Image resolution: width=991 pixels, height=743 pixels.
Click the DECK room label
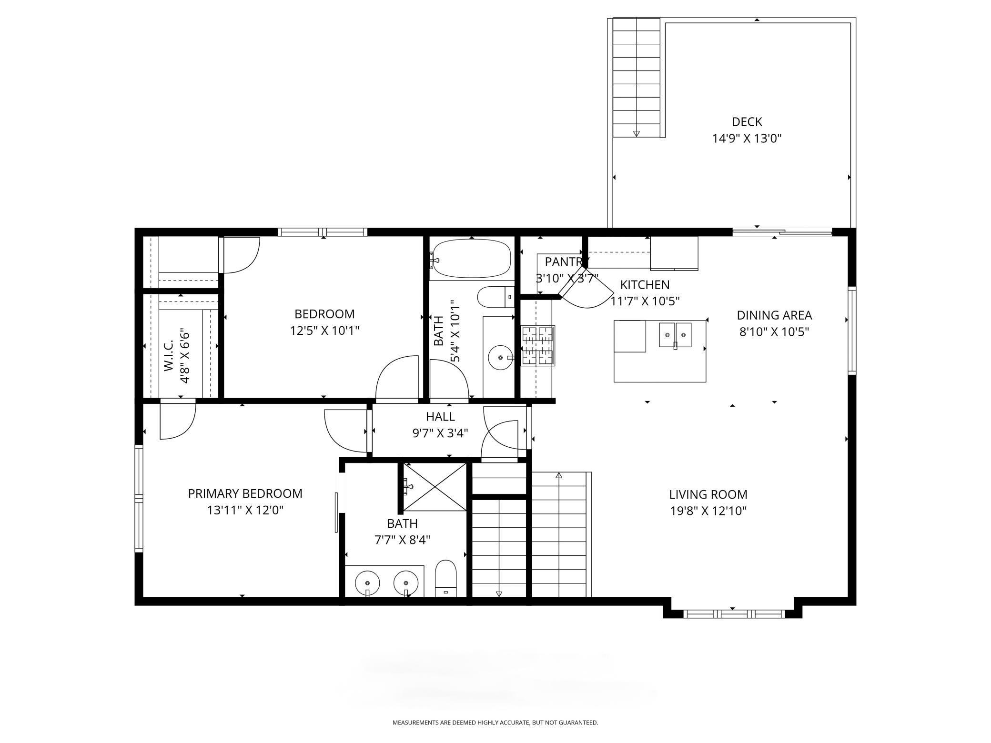[x=747, y=122]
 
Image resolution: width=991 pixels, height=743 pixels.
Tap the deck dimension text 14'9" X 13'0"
[x=747, y=139]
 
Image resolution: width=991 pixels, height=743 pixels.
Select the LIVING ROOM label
[x=708, y=494]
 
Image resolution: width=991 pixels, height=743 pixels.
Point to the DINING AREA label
[x=774, y=315]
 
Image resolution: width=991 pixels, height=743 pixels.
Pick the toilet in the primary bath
[x=446, y=578]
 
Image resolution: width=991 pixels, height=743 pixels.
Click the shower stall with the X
[x=435, y=487]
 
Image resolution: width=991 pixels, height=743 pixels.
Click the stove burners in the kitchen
[x=538, y=346]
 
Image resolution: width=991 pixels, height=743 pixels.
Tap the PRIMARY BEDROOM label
[x=245, y=493]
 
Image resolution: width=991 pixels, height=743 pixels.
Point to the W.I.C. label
[x=170, y=358]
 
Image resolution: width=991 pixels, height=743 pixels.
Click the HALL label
[x=440, y=417]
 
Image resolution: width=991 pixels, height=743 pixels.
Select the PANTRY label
[x=564, y=261]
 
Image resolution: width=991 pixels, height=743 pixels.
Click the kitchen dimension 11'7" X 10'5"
[x=645, y=301]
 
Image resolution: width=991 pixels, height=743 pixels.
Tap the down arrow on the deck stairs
[x=637, y=133]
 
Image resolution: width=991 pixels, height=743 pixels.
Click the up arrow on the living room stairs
[x=559, y=475]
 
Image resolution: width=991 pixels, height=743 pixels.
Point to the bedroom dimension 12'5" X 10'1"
[x=324, y=331]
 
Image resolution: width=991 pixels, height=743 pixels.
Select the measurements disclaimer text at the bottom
[x=495, y=723]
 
